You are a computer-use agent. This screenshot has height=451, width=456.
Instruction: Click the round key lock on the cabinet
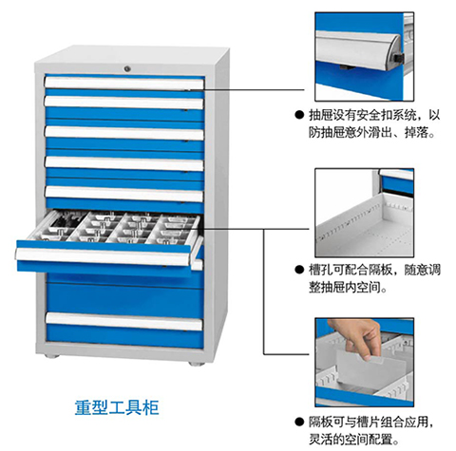coord(127,68)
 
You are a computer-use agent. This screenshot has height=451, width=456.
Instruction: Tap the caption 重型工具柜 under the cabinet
coord(117,407)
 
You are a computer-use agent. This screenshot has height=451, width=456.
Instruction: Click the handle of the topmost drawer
coord(124,83)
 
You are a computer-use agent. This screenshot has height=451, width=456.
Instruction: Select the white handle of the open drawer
coord(104,256)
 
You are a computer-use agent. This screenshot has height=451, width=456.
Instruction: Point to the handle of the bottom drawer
coord(124,322)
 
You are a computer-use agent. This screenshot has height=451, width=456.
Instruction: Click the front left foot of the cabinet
coord(52,356)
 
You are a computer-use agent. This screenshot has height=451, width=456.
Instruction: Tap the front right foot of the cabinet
coord(197,364)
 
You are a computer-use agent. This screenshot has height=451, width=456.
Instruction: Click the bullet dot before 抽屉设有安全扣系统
coord(299,115)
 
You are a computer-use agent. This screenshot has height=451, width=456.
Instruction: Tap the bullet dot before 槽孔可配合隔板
coord(299,270)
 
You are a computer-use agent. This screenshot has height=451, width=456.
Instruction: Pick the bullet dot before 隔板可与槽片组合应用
coord(299,422)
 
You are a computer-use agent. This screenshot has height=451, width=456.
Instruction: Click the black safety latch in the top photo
coord(398,58)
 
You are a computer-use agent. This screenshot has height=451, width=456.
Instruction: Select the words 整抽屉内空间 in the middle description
coord(345,288)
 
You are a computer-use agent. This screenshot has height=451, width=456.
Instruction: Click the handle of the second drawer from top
coord(123,103)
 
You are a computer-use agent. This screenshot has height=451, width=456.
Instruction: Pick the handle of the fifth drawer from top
coord(123,194)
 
